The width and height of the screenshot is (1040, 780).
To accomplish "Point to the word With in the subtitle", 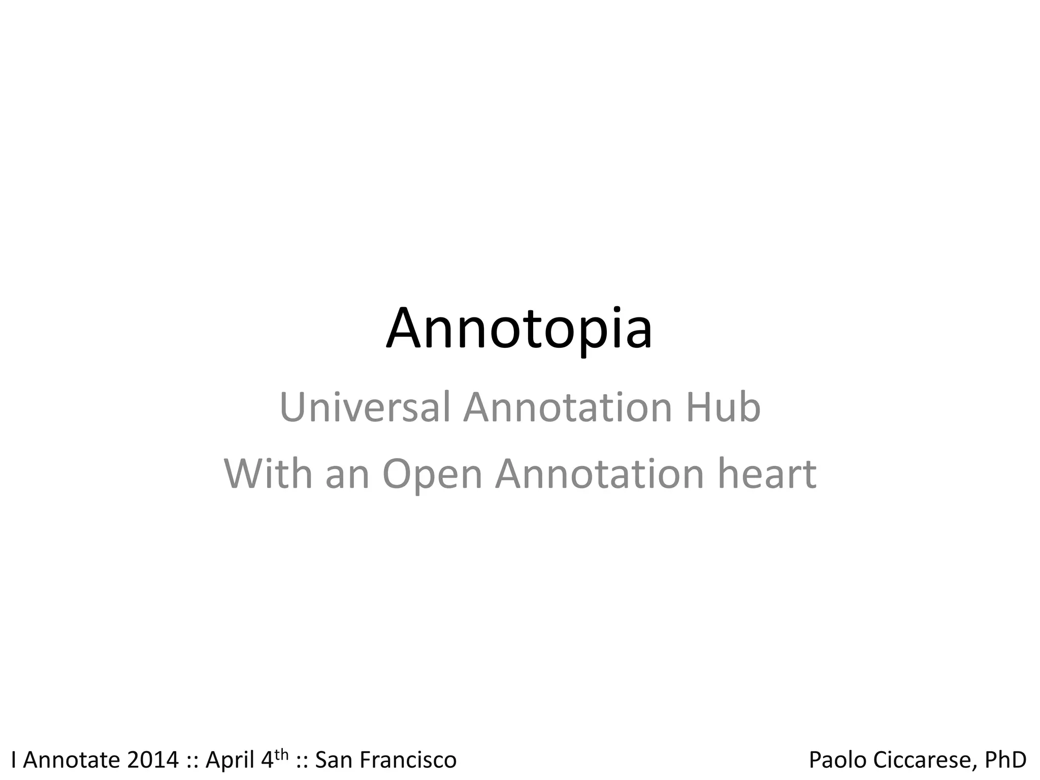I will coord(268,473).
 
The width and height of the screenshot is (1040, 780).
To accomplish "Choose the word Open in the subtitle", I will coord(432,474).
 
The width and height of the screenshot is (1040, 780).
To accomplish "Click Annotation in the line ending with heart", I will coord(599,473).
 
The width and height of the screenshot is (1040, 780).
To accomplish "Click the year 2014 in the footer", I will coord(153,760).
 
